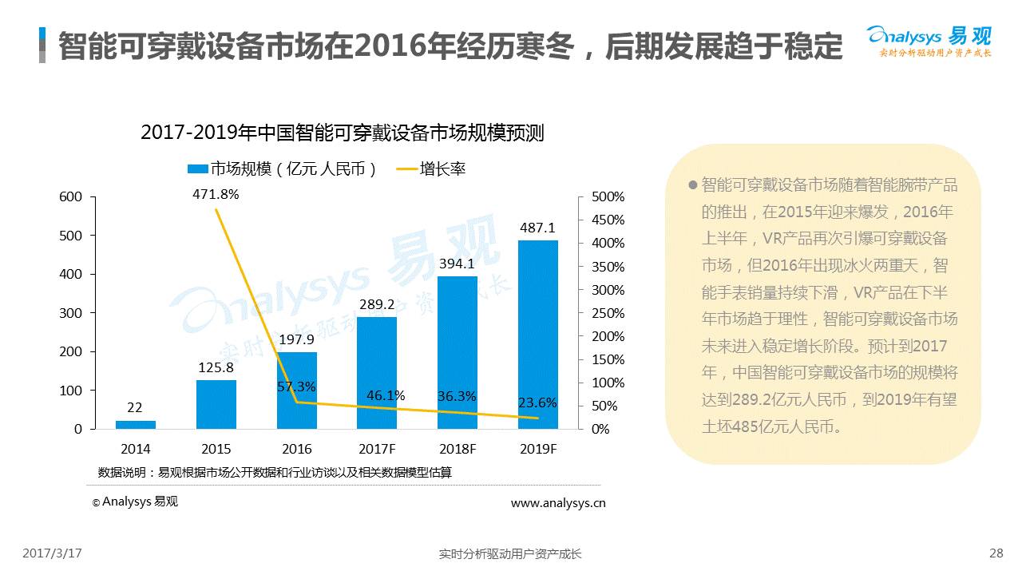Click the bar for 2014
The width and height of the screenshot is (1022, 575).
(x=136, y=424)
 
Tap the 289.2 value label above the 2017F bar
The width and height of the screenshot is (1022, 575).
(x=377, y=304)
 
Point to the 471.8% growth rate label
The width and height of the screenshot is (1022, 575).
(x=216, y=194)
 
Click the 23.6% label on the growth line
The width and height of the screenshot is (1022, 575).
(x=537, y=402)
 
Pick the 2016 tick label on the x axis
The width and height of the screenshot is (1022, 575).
(x=296, y=449)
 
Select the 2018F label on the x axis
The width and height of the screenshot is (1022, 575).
(x=457, y=449)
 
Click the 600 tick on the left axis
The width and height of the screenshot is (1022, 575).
(x=71, y=197)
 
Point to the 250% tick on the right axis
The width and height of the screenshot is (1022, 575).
(x=608, y=313)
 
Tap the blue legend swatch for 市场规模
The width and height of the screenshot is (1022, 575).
(x=197, y=169)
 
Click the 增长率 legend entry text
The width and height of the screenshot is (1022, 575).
(x=442, y=169)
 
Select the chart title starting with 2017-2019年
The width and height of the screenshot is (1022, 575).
(x=342, y=133)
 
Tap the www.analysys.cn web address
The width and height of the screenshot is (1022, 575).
(x=558, y=503)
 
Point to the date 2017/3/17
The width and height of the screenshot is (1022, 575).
(x=53, y=553)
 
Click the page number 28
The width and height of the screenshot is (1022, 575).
(x=996, y=553)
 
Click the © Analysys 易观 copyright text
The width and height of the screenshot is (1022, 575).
(x=135, y=502)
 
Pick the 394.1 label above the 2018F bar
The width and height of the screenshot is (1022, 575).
(x=457, y=264)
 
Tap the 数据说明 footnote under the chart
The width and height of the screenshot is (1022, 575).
(x=275, y=472)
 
